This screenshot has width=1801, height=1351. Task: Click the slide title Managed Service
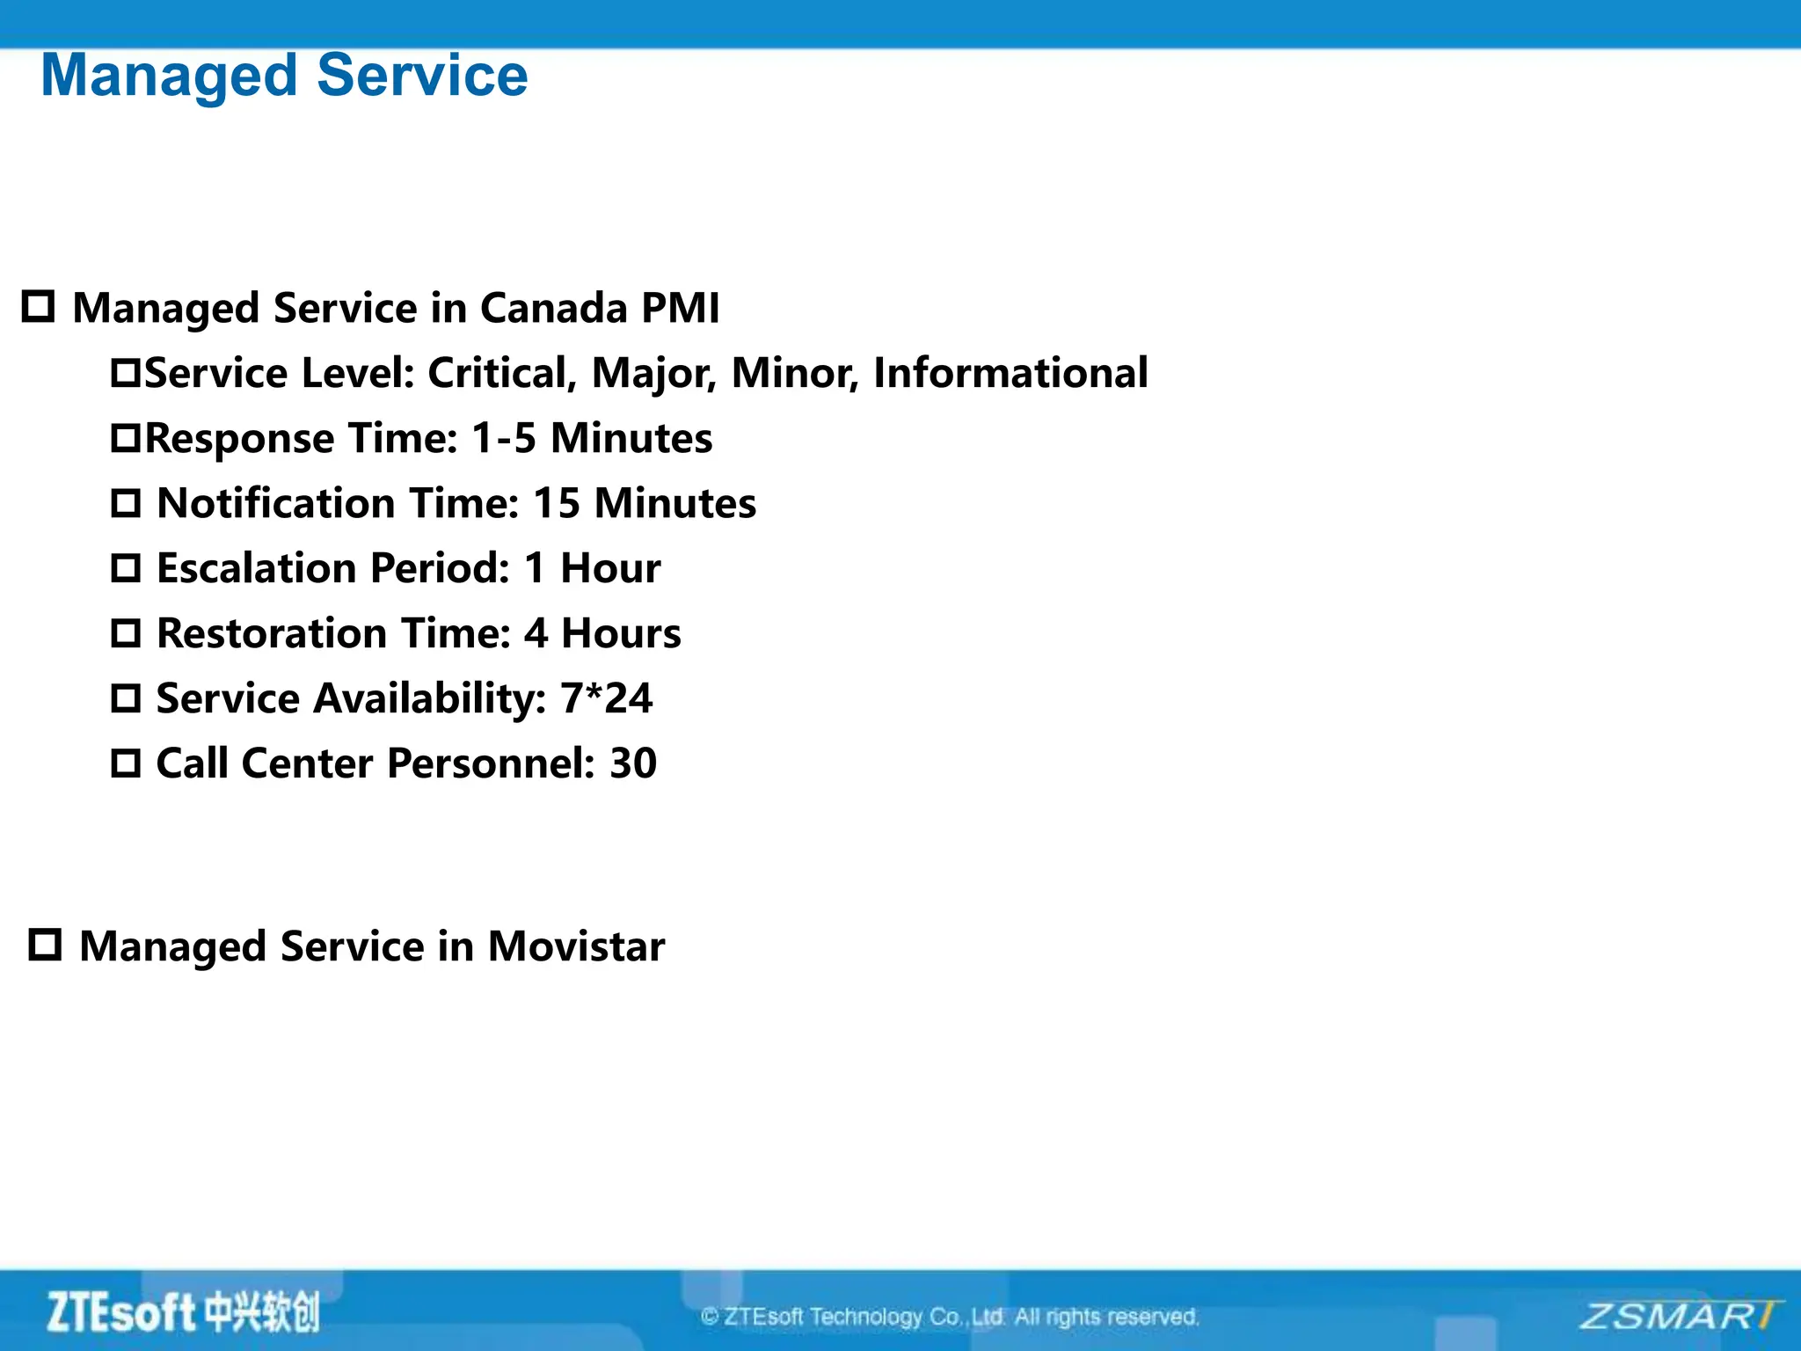tap(284, 76)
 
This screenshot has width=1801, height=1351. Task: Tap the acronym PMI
tap(680, 309)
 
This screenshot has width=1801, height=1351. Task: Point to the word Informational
tap(1010, 373)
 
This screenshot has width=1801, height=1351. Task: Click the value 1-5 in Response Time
tap(503, 438)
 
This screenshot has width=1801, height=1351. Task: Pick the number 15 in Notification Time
tap(556, 503)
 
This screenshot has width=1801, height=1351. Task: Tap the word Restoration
tap(271, 633)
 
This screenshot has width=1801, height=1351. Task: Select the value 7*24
tap(606, 698)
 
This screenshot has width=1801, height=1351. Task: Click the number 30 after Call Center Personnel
tap(633, 763)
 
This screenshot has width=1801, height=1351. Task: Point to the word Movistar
tap(576, 946)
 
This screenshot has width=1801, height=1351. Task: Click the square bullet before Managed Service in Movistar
tap(45, 945)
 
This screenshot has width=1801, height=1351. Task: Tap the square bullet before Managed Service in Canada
tap(38, 306)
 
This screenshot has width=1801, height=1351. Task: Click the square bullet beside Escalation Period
tap(126, 568)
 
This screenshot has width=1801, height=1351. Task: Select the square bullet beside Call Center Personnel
tap(126, 763)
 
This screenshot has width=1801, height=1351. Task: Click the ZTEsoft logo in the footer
tap(183, 1312)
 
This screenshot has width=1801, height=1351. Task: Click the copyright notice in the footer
tap(950, 1317)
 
